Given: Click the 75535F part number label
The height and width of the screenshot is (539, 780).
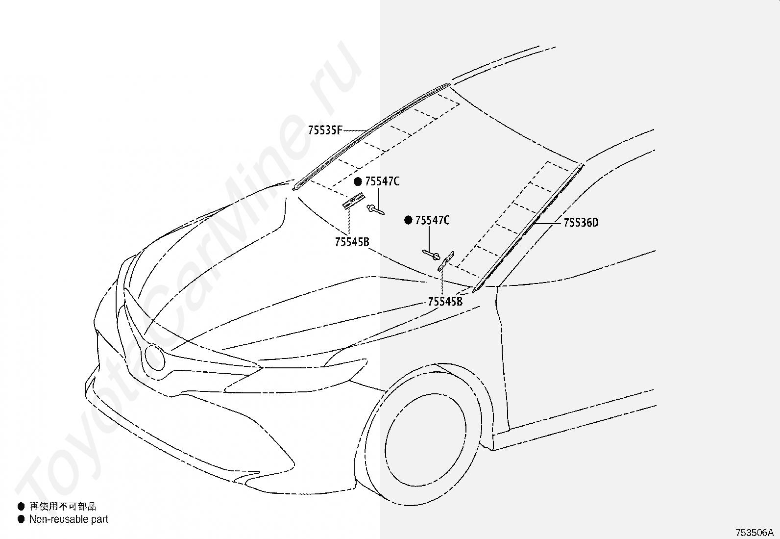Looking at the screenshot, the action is pos(325,130).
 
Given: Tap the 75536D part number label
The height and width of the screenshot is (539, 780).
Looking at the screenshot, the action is pos(581,223).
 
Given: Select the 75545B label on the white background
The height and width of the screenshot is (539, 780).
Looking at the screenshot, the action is pos(352,242).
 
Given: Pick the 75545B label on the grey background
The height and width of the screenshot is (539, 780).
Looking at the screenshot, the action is pos(445,302).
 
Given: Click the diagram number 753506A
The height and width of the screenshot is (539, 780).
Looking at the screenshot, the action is pos(755,532).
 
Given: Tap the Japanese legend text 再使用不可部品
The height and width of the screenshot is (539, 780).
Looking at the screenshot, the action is pos(63,506).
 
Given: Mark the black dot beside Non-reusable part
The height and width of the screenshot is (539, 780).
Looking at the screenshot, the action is pos(21,519).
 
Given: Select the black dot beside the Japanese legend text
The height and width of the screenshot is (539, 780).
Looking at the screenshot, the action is pos(21,506).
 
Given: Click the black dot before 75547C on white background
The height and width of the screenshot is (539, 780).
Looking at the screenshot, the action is pos(358,181).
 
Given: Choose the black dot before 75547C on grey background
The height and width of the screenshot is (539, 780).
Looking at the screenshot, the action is pos(408,220).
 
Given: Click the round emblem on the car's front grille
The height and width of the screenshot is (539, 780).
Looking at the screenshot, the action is pos(155,358).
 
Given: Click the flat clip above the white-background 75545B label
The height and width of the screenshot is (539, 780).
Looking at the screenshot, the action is pos(353,201).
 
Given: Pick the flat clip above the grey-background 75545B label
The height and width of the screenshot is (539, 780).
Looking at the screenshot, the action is pos(446,261).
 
